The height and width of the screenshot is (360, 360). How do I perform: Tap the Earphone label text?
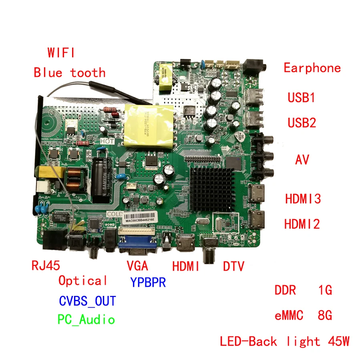(312, 68)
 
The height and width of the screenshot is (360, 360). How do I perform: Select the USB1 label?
(302, 98)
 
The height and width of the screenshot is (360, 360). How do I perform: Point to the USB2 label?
(302, 123)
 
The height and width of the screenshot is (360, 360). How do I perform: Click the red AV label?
(302, 160)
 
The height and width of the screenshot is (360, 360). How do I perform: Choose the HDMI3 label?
(303, 199)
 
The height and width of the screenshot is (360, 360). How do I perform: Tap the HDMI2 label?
(302, 223)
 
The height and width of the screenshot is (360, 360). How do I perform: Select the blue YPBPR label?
(148, 282)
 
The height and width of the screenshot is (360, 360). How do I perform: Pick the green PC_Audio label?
(86, 320)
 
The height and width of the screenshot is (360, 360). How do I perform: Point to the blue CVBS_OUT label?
(87, 300)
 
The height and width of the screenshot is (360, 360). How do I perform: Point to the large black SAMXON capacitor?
(100, 179)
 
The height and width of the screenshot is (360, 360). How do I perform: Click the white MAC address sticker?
(139, 220)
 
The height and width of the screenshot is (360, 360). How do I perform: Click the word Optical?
(83, 281)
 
